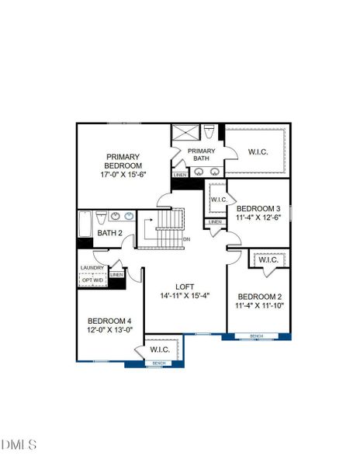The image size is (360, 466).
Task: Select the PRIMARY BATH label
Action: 201,155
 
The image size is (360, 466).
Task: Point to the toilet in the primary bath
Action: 209,130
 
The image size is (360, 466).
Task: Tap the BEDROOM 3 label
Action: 258,208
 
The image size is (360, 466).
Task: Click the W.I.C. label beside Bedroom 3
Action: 218,200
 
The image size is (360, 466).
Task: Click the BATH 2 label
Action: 109,232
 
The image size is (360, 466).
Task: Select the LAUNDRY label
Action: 92,268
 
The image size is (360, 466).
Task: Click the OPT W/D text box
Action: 92,280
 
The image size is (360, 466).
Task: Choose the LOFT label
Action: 185,285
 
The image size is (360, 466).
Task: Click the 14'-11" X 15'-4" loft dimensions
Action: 185,296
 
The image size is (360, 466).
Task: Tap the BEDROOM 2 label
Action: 258,296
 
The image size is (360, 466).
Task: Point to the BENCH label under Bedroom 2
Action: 256,336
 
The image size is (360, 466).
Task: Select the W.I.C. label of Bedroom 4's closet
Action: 160,349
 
